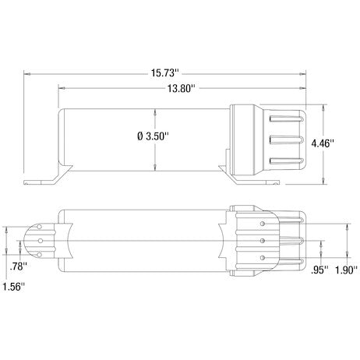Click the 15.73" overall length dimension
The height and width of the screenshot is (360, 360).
point(165,73)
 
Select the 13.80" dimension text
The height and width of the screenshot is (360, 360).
point(181,89)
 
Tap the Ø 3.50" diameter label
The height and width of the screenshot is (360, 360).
point(154,136)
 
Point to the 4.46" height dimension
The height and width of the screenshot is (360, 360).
point(323,143)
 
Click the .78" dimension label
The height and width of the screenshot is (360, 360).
point(18,266)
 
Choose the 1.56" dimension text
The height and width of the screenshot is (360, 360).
point(14,287)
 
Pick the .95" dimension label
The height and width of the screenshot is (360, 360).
point(319,270)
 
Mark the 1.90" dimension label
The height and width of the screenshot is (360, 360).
point(347,270)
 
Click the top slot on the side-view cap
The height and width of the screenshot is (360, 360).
point(287,118)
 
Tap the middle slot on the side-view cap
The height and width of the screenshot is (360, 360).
point(287,140)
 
